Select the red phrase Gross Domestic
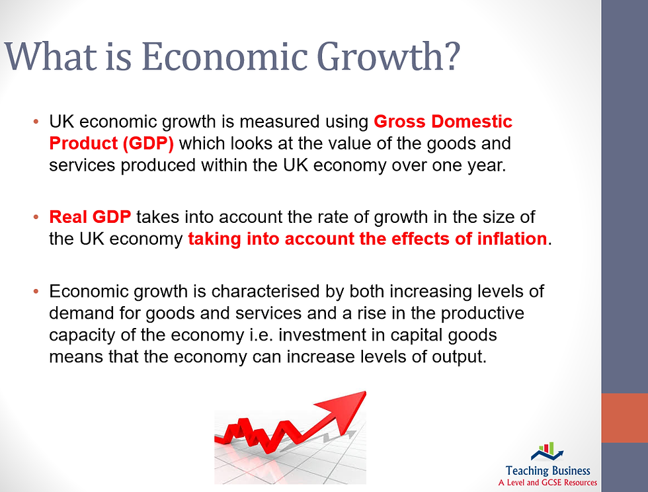pos(443,122)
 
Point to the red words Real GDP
pos(90,217)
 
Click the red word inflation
pos(506,239)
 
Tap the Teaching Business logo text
pos(547,470)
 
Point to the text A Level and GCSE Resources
pos(547,483)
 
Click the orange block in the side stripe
pos(624,418)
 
